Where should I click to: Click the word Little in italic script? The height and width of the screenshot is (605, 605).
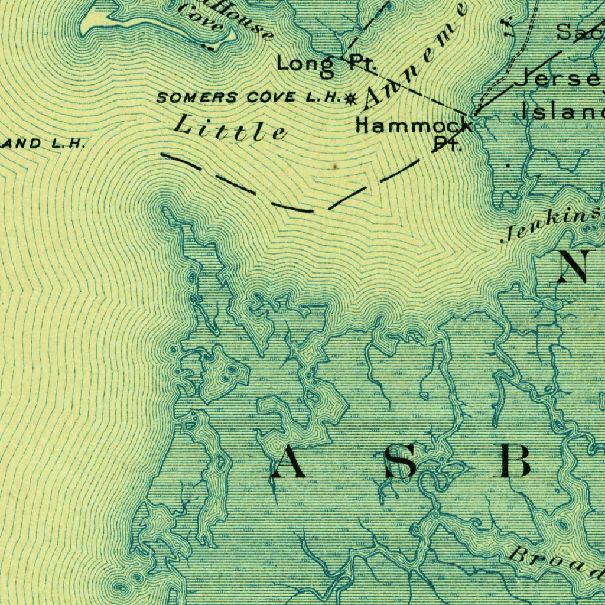point(230,127)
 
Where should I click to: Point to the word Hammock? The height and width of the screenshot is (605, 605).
point(414,125)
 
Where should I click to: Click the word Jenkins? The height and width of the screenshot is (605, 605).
point(549,225)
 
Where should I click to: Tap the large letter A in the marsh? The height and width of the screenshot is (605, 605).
point(288,462)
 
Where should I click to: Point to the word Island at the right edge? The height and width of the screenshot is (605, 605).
point(561,110)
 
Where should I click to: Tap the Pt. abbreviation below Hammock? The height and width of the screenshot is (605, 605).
point(448,144)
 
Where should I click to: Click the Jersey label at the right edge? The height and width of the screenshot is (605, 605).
point(558,79)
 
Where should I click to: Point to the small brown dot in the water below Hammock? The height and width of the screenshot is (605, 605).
point(335,167)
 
